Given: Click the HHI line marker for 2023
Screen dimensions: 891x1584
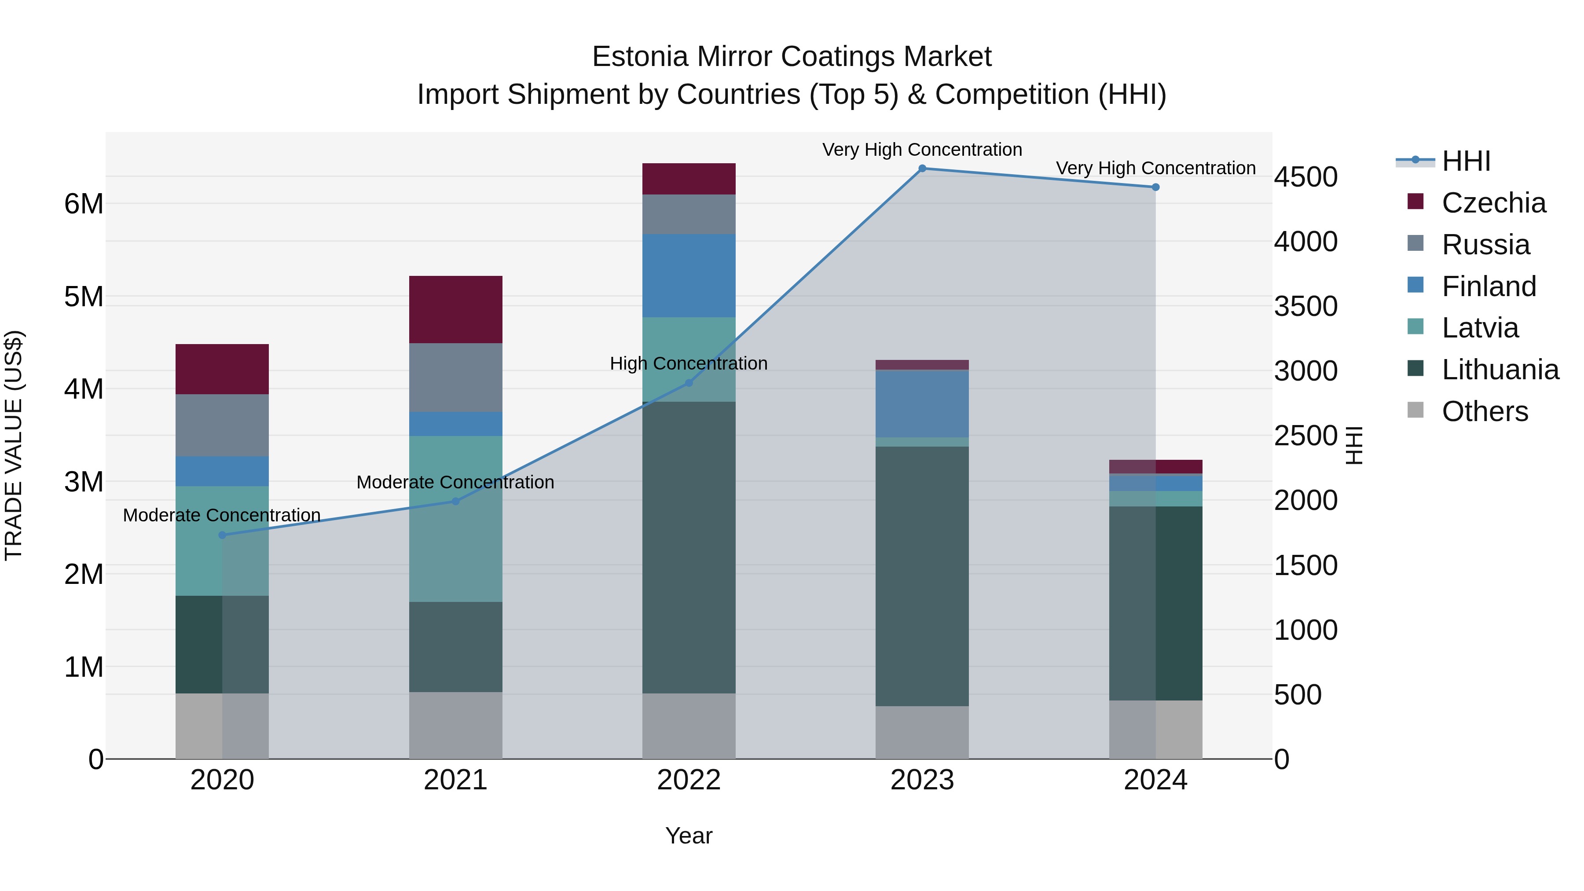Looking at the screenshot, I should (922, 169).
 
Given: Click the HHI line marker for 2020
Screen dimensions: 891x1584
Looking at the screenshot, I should (222, 535).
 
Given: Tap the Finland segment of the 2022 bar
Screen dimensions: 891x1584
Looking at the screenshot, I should (689, 275).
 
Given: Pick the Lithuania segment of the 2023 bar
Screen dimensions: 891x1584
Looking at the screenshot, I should (922, 576).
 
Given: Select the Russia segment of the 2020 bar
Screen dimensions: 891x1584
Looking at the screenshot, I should (222, 425).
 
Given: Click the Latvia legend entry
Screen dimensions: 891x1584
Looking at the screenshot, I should (1479, 328).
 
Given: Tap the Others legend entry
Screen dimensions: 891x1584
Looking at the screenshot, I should (1485, 411).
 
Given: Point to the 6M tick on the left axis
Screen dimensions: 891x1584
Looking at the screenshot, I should (84, 204).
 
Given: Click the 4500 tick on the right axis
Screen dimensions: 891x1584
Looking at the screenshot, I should (1305, 177).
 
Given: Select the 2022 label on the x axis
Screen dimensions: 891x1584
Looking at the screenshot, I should (689, 780).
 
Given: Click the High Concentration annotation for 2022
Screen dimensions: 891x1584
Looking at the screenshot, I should (689, 363).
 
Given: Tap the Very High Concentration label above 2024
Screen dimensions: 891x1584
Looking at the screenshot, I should (1155, 168).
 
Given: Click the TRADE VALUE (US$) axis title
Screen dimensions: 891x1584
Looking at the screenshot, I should (14, 445).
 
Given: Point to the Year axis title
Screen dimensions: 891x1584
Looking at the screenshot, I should (689, 836).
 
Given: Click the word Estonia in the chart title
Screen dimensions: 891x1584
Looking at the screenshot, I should (639, 57).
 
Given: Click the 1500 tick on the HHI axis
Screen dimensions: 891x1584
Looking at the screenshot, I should (1305, 566).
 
